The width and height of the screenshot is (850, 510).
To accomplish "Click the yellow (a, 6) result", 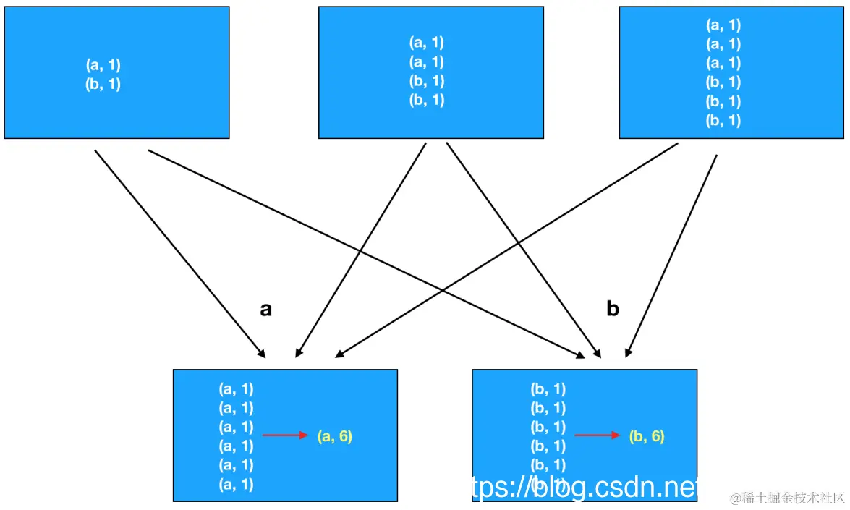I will [x=334, y=436].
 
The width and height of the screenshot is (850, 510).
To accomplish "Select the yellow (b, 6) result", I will [x=646, y=436].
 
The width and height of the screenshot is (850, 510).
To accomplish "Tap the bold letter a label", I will [x=265, y=310].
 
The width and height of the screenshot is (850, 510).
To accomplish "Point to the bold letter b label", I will [x=613, y=310].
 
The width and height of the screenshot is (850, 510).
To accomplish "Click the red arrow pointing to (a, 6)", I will [x=286, y=435].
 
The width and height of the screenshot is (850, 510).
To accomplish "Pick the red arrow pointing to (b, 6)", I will [x=598, y=435].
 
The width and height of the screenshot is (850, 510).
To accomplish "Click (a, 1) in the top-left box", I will [x=103, y=65].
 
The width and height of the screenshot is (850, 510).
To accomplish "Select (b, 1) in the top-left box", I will [x=103, y=84].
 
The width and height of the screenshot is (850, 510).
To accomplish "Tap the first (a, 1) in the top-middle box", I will [x=427, y=43].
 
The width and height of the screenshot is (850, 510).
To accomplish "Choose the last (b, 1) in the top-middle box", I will [x=427, y=101].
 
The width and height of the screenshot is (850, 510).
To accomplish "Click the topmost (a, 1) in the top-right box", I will [x=723, y=25].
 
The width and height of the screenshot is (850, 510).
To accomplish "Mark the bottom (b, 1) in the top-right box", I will [x=723, y=121].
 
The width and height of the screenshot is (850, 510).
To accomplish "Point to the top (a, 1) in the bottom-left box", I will [x=237, y=389].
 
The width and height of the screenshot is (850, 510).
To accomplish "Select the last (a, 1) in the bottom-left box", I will [x=237, y=484].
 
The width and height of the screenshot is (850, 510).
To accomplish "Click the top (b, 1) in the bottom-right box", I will [x=548, y=389].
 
